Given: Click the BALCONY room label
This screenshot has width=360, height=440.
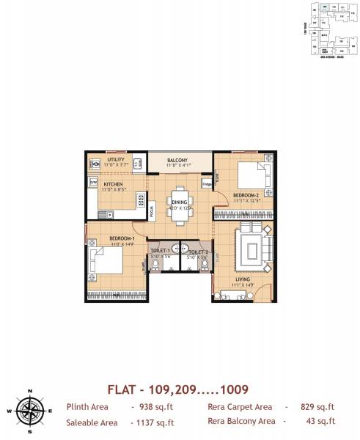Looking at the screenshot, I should point(177,160).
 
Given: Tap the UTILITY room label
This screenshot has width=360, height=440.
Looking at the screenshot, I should point(115,160).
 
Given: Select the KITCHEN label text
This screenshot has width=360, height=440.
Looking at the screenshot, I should point(113,184).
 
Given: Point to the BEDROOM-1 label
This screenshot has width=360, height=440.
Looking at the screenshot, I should point(121,238).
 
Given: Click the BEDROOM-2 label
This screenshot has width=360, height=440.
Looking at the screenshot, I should point(246,194).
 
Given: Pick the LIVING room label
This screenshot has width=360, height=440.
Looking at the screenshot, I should point(243,279).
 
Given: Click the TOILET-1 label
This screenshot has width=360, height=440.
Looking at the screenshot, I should point(161,252).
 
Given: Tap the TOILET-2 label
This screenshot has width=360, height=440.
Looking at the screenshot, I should point(197,252).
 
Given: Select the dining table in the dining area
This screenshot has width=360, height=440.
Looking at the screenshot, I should point(180,199).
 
